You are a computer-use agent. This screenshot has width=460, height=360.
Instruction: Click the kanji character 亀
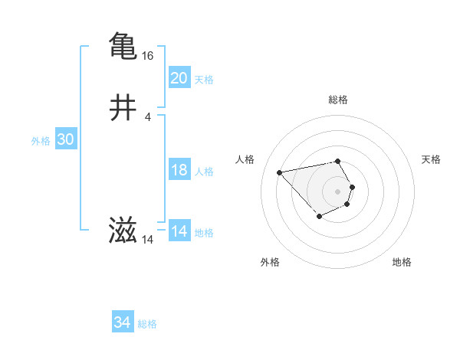point(123,45)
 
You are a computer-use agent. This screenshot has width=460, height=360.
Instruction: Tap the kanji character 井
point(123,108)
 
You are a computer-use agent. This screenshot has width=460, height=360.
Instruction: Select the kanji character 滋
point(123,231)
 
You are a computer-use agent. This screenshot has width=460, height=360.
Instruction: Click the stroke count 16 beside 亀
point(148,56)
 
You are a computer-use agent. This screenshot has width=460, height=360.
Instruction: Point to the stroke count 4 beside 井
point(148,116)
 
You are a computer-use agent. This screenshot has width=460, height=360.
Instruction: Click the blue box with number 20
point(179,77)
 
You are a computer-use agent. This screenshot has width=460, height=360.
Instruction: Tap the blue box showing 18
point(179,170)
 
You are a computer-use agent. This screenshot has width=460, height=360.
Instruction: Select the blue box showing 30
point(66,139)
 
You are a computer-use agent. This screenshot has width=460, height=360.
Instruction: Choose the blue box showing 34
point(123,322)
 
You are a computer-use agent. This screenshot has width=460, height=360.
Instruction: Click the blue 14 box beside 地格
point(179,231)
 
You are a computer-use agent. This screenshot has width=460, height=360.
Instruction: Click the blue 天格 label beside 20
point(204,80)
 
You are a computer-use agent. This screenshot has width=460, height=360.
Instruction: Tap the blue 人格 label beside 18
point(204,172)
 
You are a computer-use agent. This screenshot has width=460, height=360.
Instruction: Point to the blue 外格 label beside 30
point(41,141)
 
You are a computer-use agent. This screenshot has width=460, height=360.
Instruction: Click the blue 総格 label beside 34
point(147,324)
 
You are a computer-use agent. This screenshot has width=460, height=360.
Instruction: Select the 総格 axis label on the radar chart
point(337,100)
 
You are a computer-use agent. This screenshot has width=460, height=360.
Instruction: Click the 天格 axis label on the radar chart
point(432,159)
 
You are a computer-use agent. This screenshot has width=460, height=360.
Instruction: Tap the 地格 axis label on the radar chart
point(402,262)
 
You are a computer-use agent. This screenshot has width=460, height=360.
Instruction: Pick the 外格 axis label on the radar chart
point(270,262)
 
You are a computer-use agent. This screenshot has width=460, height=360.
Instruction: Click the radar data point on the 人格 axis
point(280,172)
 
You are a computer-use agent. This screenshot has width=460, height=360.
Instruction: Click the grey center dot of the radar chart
point(337,191)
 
